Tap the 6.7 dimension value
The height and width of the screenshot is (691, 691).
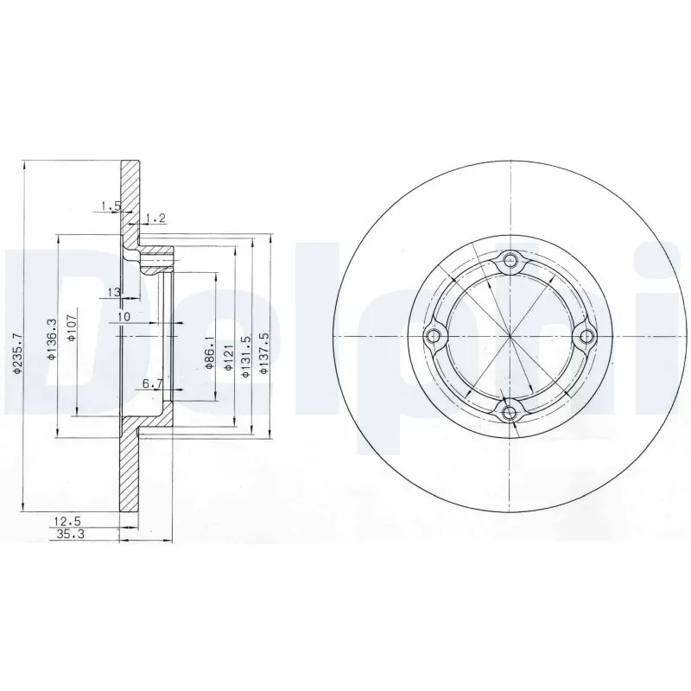[152, 383]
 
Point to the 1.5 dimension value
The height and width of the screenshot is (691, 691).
[110, 206]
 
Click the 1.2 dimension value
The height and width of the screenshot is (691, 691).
[155, 217]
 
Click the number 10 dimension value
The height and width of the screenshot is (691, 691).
[124, 317]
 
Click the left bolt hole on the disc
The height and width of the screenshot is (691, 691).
[434, 337]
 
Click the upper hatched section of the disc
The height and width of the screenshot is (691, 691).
[130, 194]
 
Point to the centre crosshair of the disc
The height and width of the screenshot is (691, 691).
[511, 337]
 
